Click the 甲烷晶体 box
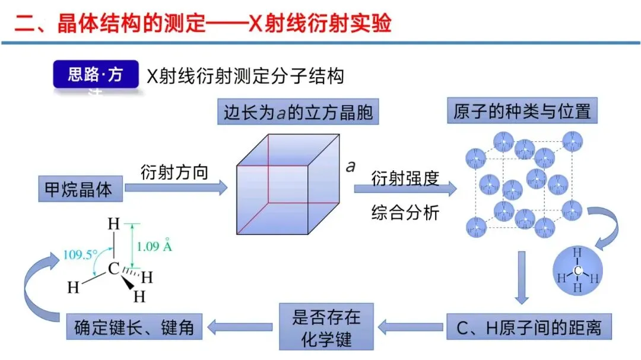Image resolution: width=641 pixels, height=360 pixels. (x=79, y=189)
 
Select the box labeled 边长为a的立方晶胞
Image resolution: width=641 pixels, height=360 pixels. (x=298, y=112)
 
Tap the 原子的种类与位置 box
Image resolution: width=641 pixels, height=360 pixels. (x=522, y=111)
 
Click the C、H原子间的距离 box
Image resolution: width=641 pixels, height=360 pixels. (x=528, y=326)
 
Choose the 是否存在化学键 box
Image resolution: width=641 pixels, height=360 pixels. (x=326, y=327)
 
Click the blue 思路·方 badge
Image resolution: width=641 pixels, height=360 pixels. (x=96, y=75)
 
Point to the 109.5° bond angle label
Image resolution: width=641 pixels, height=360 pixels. (x=81, y=255)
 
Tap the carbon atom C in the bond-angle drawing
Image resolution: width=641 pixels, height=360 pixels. (x=113, y=269)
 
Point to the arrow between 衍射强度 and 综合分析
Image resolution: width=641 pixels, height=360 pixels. (x=405, y=189)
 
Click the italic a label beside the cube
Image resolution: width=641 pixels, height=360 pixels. (x=351, y=167)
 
